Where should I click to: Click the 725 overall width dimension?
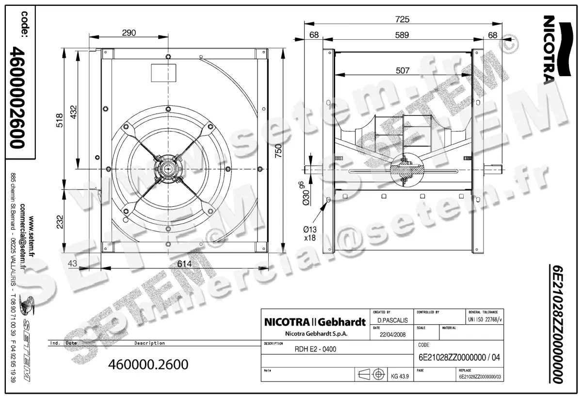(402, 19)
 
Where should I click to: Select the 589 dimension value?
(402, 35)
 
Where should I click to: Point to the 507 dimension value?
(403, 71)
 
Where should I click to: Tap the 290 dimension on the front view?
(129, 33)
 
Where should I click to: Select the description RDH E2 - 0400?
(316, 349)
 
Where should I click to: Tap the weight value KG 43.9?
(400, 375)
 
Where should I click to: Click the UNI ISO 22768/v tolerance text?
(485, 320)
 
